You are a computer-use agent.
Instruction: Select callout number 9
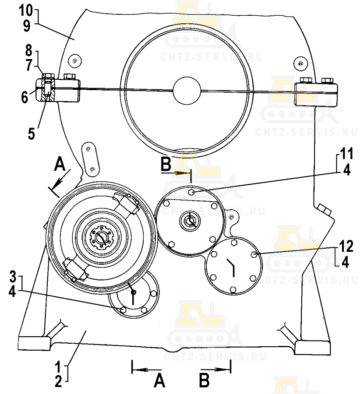coord(26,26)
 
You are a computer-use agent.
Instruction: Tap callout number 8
coord(29,50)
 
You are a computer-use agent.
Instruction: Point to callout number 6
coord(25,97)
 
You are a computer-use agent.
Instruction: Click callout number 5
coord(31,134)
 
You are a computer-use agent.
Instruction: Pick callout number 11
coord(346,153)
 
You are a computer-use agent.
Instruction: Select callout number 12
coord(346,246)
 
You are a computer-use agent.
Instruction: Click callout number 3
coord(13,276)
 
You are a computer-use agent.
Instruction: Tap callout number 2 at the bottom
coord(58,382)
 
